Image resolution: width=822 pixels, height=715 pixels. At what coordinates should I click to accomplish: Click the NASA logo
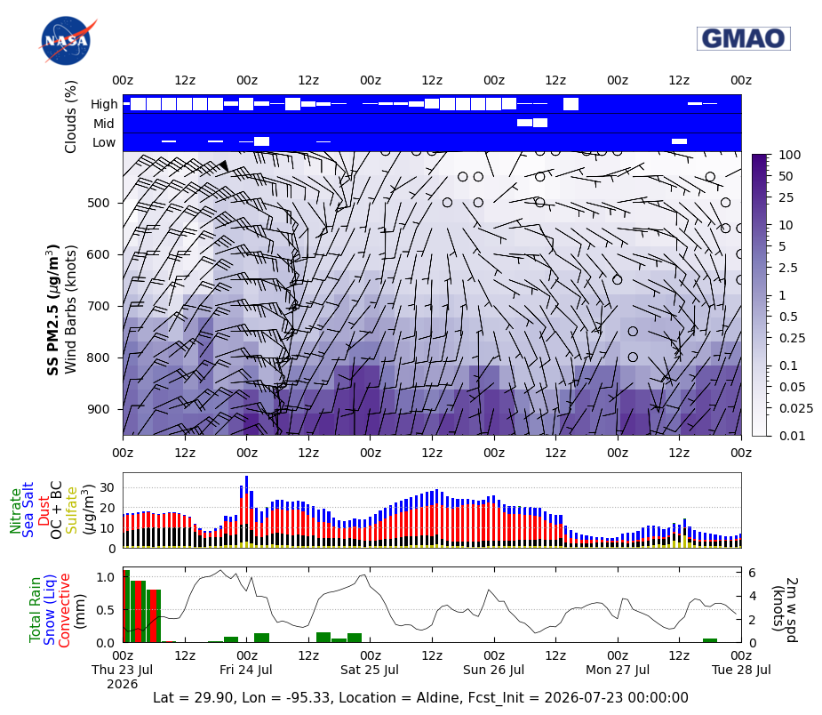tap(67, 41)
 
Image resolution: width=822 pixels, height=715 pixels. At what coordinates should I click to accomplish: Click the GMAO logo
tap(744, 38)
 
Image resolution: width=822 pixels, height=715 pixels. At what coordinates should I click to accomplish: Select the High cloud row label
tap(104, 104)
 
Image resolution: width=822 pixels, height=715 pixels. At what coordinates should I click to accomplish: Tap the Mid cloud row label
tap(104, 124)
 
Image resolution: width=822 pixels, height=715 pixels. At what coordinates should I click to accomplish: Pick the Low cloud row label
tap(104, 142)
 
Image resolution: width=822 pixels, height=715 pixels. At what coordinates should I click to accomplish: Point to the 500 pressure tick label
tap(98, 203)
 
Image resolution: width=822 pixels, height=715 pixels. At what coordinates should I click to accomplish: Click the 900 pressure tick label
tap(98, 409)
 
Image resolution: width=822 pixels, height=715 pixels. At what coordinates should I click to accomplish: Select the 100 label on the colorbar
tap(789, 155)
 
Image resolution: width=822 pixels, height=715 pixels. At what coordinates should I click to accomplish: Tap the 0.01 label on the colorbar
tap(792, 436)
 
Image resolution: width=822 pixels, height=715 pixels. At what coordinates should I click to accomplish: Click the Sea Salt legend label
tap(28, 510)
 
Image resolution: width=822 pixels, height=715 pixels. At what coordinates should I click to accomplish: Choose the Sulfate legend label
tap(71, 510)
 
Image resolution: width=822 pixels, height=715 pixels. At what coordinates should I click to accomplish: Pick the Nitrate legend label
tap(15, 511)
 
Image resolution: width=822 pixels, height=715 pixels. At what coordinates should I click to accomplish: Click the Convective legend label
tap(64, 611)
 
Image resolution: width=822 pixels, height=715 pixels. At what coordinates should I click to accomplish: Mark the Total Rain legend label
tap(35, 610)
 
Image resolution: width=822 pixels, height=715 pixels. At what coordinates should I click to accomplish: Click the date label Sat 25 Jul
tap(370, 670)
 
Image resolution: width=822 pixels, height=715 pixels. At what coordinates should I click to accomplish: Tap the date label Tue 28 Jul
tap(741, 670)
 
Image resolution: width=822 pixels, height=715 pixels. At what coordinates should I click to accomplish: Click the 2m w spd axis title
tap(785, 609)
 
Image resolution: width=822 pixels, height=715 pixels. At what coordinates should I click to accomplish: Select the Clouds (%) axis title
tap(71, 116)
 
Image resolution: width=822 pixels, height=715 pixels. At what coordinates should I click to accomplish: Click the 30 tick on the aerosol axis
tap(107, 488)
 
